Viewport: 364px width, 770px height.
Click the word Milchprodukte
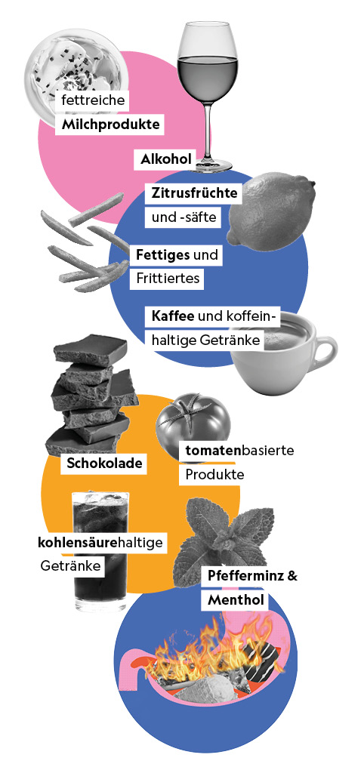(x=110, y=125)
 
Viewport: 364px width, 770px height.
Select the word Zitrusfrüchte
(x=195, y=193)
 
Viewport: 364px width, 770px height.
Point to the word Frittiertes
(x=168, y=279)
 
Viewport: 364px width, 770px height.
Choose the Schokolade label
(x=105, y=463)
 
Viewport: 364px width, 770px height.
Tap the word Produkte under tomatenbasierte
(x=214, y=475)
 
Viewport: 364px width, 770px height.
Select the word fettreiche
(x=94, y=101)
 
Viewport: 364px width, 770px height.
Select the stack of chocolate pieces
(x=88, y=394)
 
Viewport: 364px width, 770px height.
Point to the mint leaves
(x=222, y=533)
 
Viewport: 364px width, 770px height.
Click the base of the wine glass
(x=210, y=165)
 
